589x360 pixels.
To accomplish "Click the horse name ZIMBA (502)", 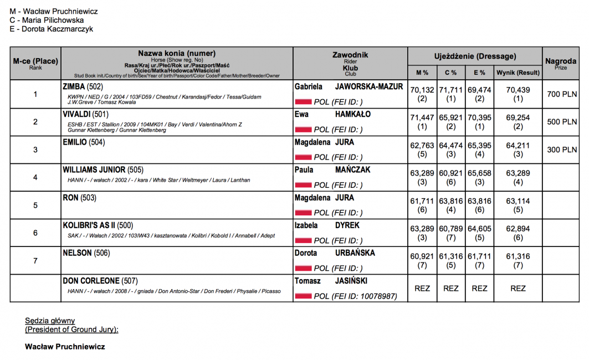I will click(x=83, y=87).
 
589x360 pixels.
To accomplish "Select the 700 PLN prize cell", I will click(x=561, y=94).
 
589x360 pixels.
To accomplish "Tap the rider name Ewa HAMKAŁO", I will click(x=333, y=115).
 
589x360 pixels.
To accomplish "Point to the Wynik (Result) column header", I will click(x=518, y=73).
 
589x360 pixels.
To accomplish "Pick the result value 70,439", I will click(x=518, y=90).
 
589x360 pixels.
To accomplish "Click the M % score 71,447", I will click(x=422, y=117).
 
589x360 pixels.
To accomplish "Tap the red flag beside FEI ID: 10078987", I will click(x=303, y=296).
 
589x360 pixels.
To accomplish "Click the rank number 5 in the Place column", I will click(x=35, y=205).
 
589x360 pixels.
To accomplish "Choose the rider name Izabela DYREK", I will click(x=327, y=225).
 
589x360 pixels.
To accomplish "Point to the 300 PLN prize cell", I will click(x=561, y=150).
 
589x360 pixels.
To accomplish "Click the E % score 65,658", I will click(x=479, y=173).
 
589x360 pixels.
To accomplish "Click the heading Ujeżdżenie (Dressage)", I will click(x=475, y=56).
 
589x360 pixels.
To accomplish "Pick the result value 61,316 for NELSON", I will click(x=518, y=256).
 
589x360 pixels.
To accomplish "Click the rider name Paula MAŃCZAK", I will click(x=332, y=170).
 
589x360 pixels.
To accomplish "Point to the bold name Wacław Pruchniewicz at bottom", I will click(x=65, y=347).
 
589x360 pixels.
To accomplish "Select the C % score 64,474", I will click(x=450, y=145).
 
